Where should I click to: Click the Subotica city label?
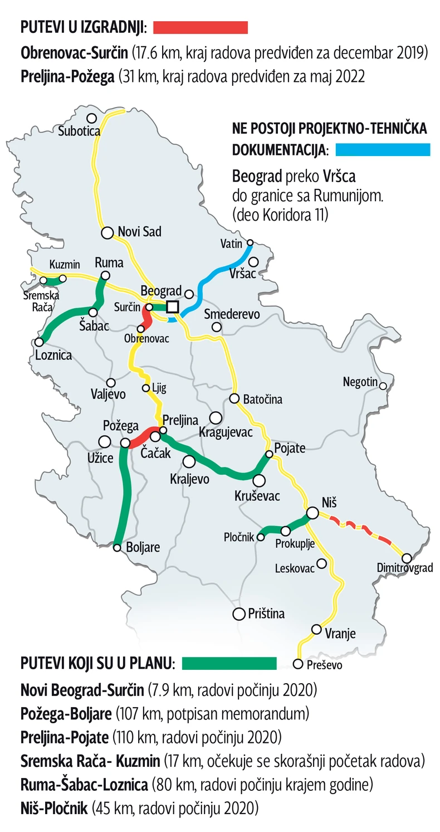click(79, 132)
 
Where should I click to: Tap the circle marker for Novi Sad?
click(107, 232)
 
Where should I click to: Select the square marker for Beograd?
click(172, 306)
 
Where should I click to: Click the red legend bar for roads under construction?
click(201, 27)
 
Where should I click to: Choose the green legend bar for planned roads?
click(229, 663)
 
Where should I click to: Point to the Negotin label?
click(360, 383)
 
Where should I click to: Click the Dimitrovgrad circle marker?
click(407, 558)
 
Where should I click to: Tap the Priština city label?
click(266, 614)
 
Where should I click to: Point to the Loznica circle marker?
click(39, 342)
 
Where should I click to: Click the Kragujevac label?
click(226, 432)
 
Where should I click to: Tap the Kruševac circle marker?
click(259, 480)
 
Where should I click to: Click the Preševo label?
click(325, 665)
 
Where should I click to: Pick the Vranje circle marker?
click(316, 630)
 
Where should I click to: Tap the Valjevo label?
click(108, 395)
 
